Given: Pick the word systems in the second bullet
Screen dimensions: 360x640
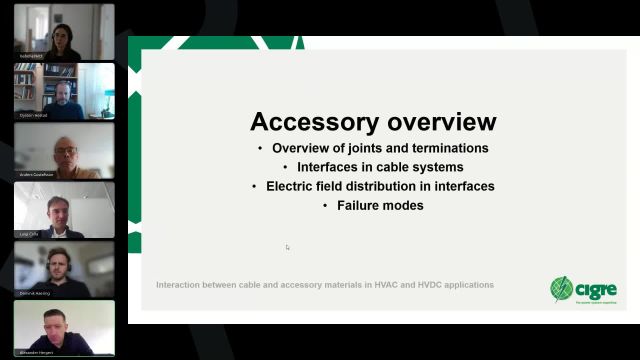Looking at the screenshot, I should (x=438, y=167).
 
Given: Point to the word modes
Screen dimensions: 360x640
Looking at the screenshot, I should (x=403, y=205).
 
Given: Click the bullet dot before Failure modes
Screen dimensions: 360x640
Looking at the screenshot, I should (x=326, y=205).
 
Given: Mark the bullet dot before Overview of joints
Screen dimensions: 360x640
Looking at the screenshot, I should (x=261, y=149).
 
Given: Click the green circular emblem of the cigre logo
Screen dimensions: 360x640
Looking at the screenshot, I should (x=562, y=289).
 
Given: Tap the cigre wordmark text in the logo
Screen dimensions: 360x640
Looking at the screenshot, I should (x=596, y=289).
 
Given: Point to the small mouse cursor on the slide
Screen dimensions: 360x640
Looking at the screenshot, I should (x=288, y=248).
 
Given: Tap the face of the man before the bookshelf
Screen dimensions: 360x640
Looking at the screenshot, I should (x=62, y=93).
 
